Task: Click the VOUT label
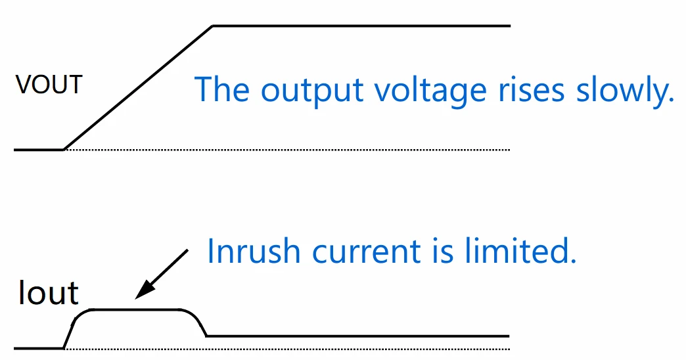point(49,85)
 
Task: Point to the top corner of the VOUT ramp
point(212,26)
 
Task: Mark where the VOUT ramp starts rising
point(64,149)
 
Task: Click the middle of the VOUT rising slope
point(138,88)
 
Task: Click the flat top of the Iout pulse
point(138,309)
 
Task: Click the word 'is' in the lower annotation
point(446,251)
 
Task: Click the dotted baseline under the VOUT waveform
point(296,150)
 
